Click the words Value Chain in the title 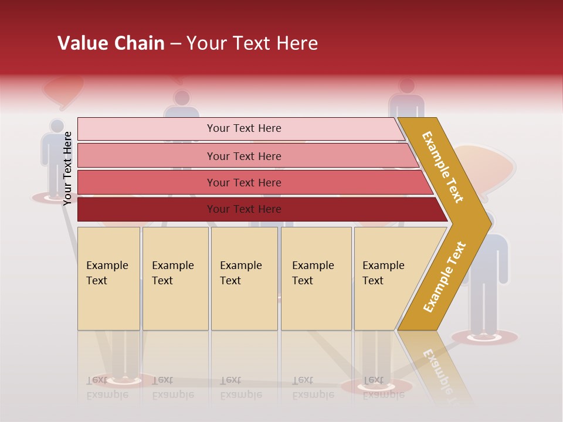[x=111, y=43]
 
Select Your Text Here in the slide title [x=252, y=43]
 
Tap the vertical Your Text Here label [x=67, y=168]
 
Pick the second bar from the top [x=243, y=156]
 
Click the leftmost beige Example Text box [x=108, y=278]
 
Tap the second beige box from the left [x=175, y=278]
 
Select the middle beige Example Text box [x=244, y=278]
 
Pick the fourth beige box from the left [x=316, y=278]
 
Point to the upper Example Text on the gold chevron [x=443, y=167]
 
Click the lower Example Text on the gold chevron [x=445, y=277]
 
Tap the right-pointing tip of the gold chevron [x=488, y=223]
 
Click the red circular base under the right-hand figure [x=485, y=337]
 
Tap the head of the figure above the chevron [x=406, y=86]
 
